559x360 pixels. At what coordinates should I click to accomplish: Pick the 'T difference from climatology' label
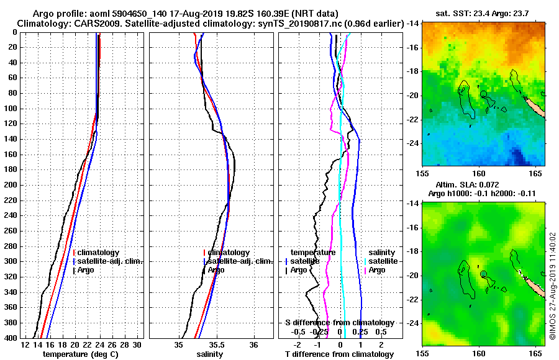pos(339,354)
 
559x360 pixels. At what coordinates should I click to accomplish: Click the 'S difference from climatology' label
pos(339,323)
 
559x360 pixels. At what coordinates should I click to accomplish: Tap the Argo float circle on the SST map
pos(483,93)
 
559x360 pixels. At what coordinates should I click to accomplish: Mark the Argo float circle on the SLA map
pos(483,273)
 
